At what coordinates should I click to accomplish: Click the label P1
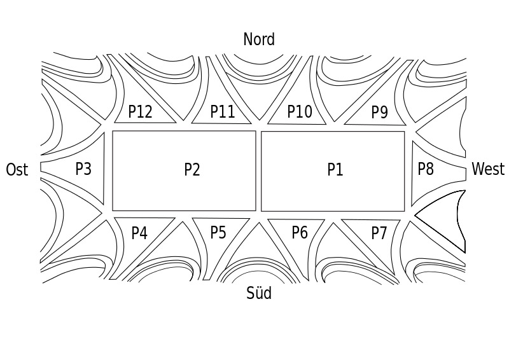(335, 169)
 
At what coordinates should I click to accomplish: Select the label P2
(192, 169)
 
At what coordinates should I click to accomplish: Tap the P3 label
(83, 169)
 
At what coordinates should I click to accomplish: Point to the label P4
(139, 233)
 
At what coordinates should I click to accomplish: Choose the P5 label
(218, 232)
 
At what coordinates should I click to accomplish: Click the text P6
(299, 232)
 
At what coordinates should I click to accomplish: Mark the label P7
(379, 233)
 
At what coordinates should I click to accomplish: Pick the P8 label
(426, 169)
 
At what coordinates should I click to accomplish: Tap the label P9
(379, 112)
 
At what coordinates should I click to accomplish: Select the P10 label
(300, 111)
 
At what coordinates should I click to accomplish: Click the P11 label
(222, 111)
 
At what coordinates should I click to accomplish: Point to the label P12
(140, 111)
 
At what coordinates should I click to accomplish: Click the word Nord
(259, 39)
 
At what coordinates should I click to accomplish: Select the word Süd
(259, 293)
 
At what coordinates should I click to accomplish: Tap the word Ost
(17, 169)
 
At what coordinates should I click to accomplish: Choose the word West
(488, 169)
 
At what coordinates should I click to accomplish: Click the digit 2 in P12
(148, 111)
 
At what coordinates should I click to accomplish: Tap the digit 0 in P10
(308, 111)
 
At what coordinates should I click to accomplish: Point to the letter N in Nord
(248, 39)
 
